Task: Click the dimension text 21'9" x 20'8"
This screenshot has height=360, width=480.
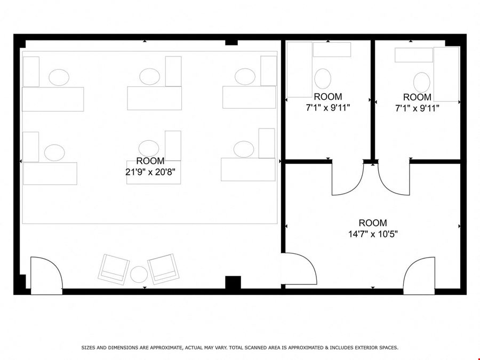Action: (x=150, y=172)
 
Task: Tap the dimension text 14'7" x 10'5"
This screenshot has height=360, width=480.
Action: (x=373, y=234)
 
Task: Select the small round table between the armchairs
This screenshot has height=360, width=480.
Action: (x=139, y=275)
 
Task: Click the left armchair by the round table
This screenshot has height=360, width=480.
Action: (x=114, y=269)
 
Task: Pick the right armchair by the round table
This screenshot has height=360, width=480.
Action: (x=163, y=269)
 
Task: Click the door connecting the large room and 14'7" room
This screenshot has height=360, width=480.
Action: (x=299, y=268)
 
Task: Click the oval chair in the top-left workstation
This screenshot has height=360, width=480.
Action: (x=59, y=77)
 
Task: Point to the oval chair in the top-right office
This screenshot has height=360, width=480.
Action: (x=421, y=82)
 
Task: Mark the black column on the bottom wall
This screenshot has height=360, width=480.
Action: (x=233, y=282)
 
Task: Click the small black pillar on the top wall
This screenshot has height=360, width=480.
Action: (x=231, y=43)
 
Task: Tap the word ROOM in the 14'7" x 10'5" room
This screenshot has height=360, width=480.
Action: (x=373, y=223)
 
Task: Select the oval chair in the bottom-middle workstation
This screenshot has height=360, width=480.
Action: (x=149, y=148)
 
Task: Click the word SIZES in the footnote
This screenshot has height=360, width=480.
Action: (x=88, y=347)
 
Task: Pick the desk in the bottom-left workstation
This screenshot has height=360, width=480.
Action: (x=50, y=173)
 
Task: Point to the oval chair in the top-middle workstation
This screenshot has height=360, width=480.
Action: (x=150, y=76)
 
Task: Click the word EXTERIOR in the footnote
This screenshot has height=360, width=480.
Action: (x=365, y=347)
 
